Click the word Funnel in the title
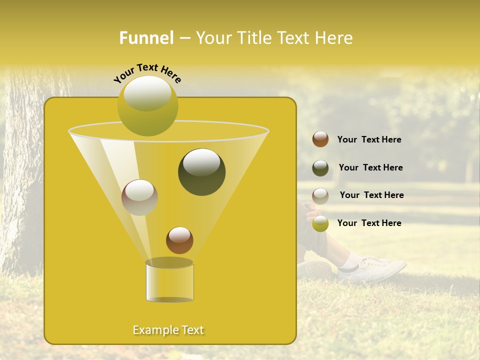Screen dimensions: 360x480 pos(146,37)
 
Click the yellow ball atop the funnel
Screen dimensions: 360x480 pos(147,105)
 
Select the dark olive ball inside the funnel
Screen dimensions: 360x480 pos(201,171)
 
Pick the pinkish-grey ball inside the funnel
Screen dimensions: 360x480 pos(139,197)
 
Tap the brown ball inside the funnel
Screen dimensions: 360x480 pos(179,240)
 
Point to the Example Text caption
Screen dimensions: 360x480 pos(168,330)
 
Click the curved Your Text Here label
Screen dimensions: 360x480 pos(147,72)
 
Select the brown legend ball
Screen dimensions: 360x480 pos(320,139)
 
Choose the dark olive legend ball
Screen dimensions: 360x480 pos(320,168)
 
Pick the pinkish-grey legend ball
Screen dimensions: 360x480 pos(320,195)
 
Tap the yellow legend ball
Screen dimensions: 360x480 pos(320,223)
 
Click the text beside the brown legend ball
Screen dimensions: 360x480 pos(369,139)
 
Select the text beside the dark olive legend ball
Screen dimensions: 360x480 pos(370,167)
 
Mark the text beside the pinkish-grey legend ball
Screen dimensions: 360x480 pos(371,195)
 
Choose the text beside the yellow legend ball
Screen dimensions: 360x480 pos(369,223)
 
